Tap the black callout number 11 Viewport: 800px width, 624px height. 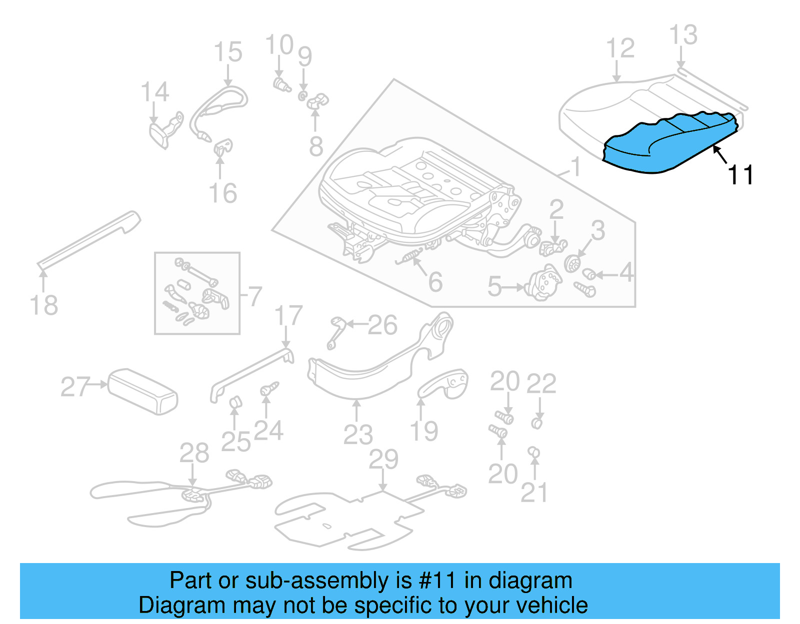pos(740,175)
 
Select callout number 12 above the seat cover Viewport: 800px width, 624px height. pos(620,48)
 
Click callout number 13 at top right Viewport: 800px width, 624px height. pos(683,35)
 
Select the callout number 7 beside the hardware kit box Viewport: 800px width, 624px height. pos(255,296)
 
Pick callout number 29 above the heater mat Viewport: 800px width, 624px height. pos(383,459)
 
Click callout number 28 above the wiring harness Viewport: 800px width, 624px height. pos(194,453)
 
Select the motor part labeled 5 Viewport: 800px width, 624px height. pos(544,285)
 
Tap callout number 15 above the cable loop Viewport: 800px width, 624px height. pos(228,52)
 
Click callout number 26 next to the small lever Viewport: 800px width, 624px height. pos(382,325)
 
